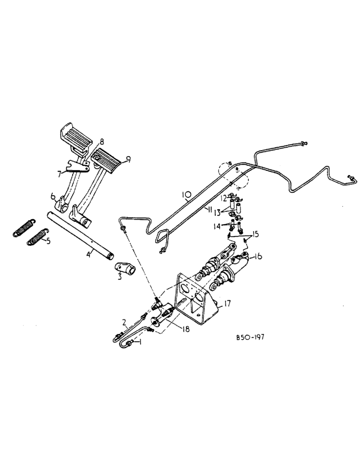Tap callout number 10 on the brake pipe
coord(186,193)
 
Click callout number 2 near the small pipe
coord(124,322)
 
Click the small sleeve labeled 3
coord(124,270)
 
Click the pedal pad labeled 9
coord(109,157)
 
